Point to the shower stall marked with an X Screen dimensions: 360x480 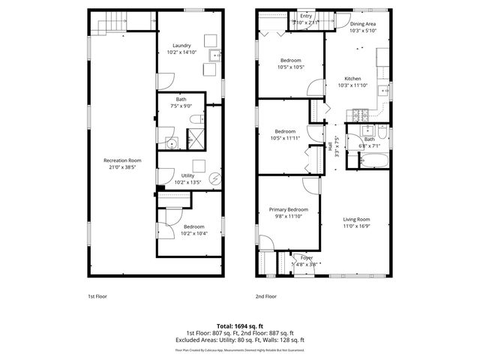pyautogui.click(x=195, y=139)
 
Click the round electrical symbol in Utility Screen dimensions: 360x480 pyautogui.click(x=215, y=178)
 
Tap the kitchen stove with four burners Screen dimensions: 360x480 pyautogui.click(x=358, y=115)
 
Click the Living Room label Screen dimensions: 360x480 pyautogui.click(x=356, y=219)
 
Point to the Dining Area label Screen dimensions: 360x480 pyautogui.click(x=362, y=24)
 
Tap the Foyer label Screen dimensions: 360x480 pyautogui.click(x=306, y=257)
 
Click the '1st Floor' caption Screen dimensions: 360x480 pyautogui.click(x=97, y=296)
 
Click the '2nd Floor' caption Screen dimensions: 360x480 pyautogui.click(x=265, y=296)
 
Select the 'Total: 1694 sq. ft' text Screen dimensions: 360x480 pyautogui.click(x=239, y=325)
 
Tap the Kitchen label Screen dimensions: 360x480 pyautogui.click(x=352, y=79)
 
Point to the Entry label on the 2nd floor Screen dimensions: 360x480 pyautogui.click(x=305, y=16)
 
